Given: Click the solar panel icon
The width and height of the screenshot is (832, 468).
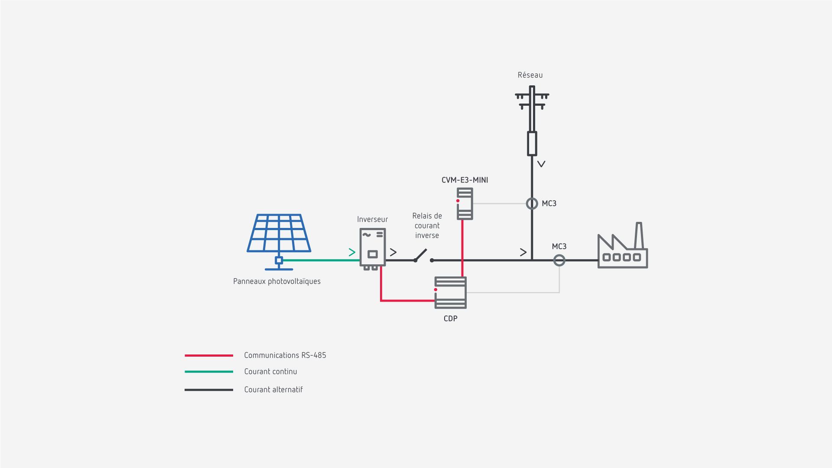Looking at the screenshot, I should pos(279,234).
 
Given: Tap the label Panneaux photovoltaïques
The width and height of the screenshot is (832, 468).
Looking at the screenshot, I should pos(277,281).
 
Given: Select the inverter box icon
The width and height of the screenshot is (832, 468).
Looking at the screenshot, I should pos(372,248).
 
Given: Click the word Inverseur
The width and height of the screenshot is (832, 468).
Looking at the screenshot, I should pos(372,219).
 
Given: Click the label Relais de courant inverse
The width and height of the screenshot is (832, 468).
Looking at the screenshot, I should pos(427,226).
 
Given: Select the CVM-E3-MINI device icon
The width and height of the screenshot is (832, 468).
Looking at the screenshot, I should pos(465,204).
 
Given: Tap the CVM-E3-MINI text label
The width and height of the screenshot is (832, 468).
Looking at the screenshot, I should pos(465,180).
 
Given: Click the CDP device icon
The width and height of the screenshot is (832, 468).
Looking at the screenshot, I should pos(451,293).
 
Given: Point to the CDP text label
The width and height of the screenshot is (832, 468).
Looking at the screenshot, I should pos(450,318).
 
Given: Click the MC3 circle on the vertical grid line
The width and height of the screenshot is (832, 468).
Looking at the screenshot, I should pos(532,203).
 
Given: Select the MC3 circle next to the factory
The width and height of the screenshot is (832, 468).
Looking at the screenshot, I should pos(559,260).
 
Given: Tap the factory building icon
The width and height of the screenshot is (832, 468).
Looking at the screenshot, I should pos(622,249).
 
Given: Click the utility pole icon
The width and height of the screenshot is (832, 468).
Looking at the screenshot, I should pos(532,113).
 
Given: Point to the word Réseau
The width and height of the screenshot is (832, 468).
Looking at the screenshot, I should pos(530,75).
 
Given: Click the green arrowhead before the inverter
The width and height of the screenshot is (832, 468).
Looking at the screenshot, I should pos(352,252).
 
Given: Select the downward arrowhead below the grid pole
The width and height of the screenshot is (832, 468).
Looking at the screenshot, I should pos(541,164).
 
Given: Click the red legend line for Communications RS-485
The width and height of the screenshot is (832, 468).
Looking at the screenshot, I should pos(209,355).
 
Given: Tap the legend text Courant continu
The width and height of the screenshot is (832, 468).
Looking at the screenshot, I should pos(270,371).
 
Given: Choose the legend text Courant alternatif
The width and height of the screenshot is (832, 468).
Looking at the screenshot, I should pos(273,390).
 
